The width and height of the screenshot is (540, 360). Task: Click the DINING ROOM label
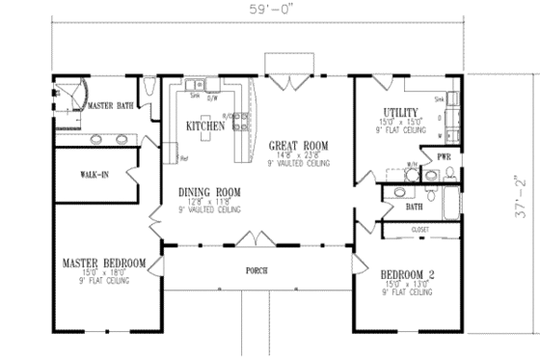[208, 192]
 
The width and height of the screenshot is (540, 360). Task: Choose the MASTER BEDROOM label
[104, 263]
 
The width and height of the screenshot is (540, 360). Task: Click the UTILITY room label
[400, 112]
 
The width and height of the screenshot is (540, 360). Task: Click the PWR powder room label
[444, 155]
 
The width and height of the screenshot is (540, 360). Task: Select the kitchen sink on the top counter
[196, 87]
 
